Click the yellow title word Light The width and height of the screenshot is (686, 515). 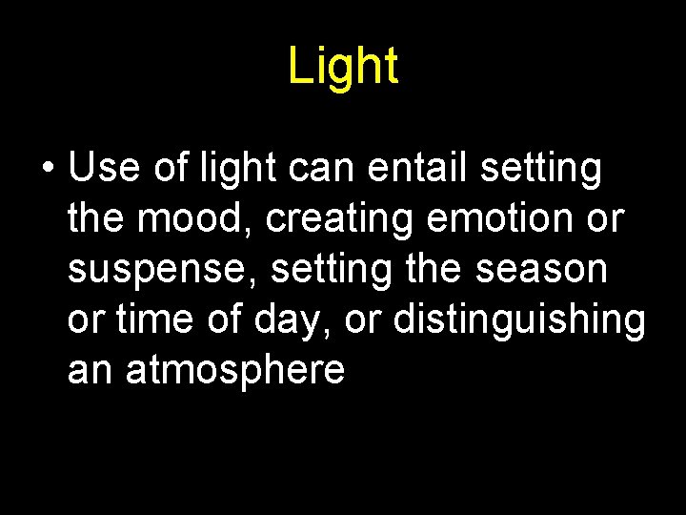click(x=343, y=67)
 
